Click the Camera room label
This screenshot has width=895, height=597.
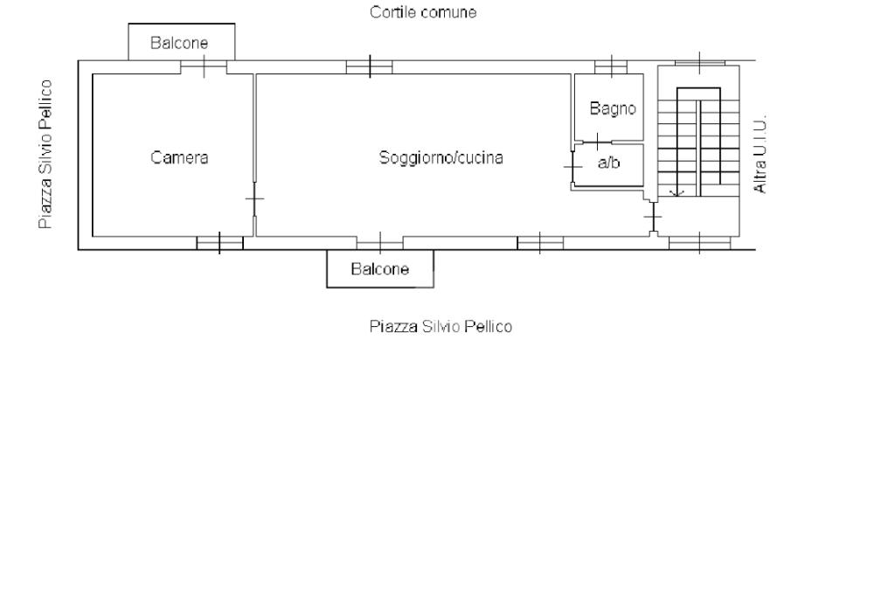[x=179, y=158]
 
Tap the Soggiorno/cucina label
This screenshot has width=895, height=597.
[x=441, y=158]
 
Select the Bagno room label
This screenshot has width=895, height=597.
[x=612, y=109]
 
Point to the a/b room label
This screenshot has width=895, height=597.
[x=608, y=163]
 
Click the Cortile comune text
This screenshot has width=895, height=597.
[x=423, y=13]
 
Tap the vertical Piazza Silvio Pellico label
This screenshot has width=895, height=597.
[x=45, y=155]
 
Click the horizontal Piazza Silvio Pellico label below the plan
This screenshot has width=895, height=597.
[x=440, y=327]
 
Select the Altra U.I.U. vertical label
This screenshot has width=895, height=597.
[x=760, y=154]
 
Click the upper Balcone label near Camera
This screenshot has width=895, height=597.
[x=179, y=43]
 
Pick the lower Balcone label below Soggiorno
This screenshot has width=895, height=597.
[x=379, y=269]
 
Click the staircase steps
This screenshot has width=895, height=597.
[x=697, y=140]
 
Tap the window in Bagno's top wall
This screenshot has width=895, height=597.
[x=611, y=66]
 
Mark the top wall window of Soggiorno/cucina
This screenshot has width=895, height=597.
[x=369, y=66]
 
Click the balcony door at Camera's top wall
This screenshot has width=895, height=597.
[x=204, y=66]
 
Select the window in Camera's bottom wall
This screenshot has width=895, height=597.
[x=219, y=243]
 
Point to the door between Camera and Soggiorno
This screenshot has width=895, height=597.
[x=254, y=200]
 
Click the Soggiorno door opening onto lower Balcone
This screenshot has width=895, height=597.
[x=380, y=243]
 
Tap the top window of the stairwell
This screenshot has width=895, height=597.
[x=699, y=61]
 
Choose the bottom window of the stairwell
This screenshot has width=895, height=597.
[x=699, y=243]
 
